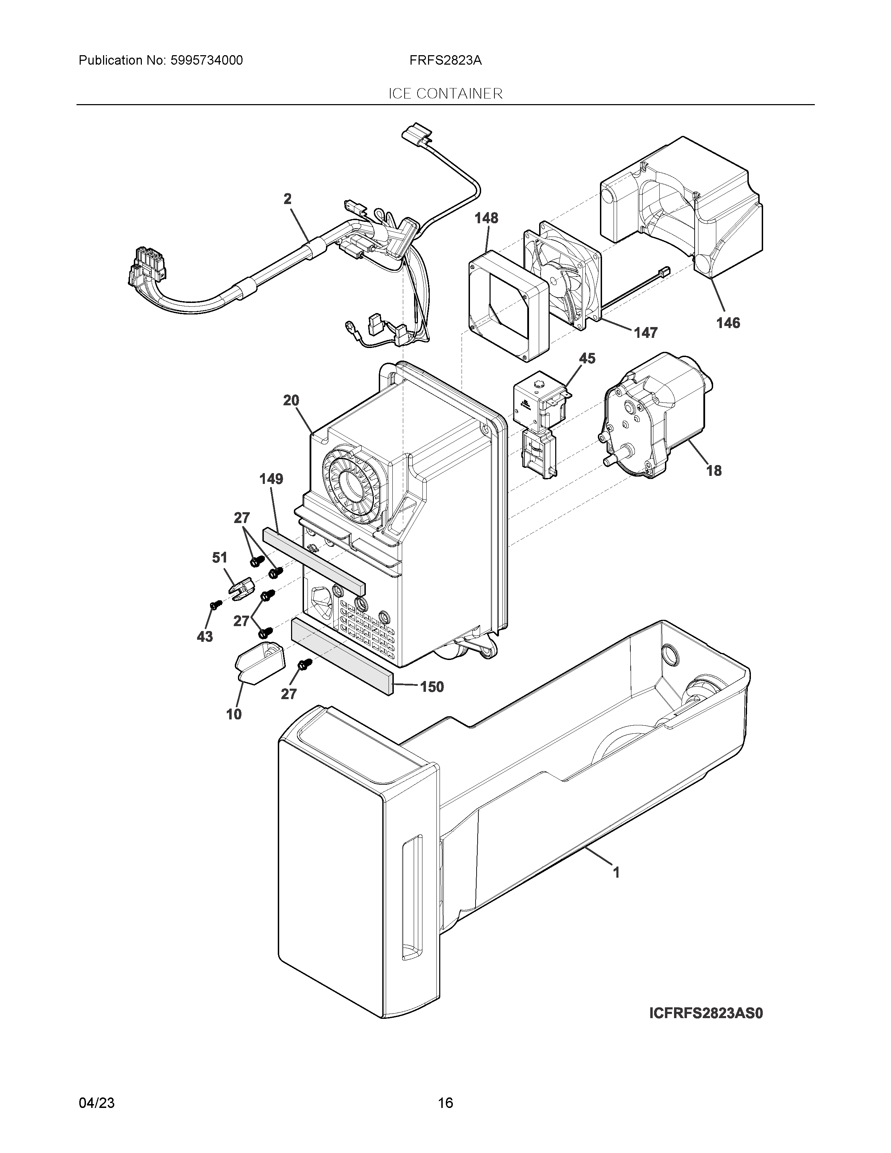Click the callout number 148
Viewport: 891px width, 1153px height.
pyautogui.click(x=486, y=218)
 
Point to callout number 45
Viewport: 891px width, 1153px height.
pyautogui.click(x=587, y=358)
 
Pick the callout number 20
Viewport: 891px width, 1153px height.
pyautogui.click(x=291, y=401)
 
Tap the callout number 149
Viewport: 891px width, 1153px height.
pyautogui.click(x=271, y=479)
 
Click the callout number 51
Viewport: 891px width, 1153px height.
pyautogui.click(x=219, y=558)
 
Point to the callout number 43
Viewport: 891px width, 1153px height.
pyautogui.click(x=205, y=637)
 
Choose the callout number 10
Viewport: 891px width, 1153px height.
pyautogui.click(x=234, y=714)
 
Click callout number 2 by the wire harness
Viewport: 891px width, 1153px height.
pyautogui.click(x=287, y=199)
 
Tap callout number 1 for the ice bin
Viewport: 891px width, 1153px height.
pyautogui.click(x=616, y=873)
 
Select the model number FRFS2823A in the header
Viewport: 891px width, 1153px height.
pyautogui.click(x=445, y=61)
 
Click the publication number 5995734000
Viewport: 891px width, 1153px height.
pyautogui.click(x=206, y=61)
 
